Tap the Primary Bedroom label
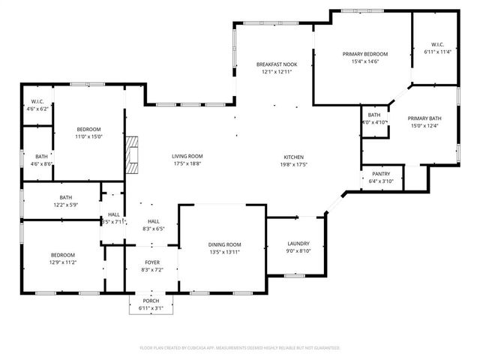tap(365, 55)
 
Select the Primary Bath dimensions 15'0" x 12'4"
tap(424, 125)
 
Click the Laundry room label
tap(298, 244)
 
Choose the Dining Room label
tap(224, 244)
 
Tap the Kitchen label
tap(293, 157)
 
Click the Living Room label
tap(187, 156)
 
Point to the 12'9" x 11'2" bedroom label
tap(63, 255)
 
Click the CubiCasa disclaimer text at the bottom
tap(240, 348)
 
